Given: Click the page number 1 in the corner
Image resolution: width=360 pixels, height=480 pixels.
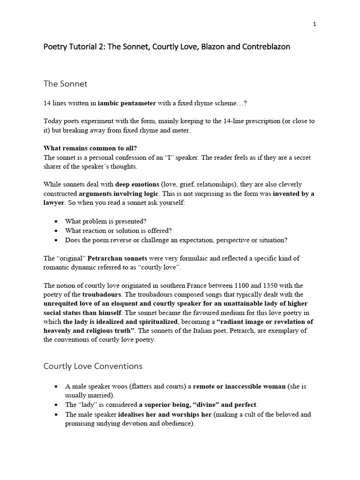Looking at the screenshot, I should coord(315,24).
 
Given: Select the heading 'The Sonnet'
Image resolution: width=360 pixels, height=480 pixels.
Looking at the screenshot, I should coord(65,84).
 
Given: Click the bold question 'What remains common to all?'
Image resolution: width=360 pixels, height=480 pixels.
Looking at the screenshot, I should coord(90,148).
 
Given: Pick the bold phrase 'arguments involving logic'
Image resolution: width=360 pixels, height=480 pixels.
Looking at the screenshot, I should coord(119,193).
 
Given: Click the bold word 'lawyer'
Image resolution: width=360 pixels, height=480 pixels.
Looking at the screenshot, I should coord(54,202).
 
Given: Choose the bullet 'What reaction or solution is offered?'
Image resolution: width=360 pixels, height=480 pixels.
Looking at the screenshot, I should coord(119,231).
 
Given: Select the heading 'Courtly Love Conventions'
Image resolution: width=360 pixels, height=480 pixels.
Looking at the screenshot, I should coord(93,366).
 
